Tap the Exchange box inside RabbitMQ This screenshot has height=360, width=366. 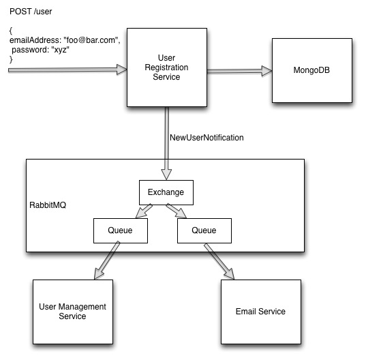(x=166, y=192)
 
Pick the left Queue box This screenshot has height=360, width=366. (x=121, y=231)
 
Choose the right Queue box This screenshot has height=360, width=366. (x=204, y=231)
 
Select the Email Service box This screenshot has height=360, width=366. (x=260, y=312)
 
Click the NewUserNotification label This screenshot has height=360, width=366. (x=206, y=138)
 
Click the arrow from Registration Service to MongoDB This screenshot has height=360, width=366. (x=239, y=70)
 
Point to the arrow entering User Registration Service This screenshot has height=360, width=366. (x=68, y=69)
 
